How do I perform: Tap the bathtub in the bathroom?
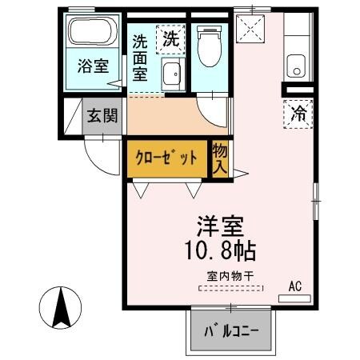(x=93, y=33)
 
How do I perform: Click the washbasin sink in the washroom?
(x=171, y=77)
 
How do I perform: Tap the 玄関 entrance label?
(x=102, y=115)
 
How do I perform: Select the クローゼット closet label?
(x=166, y=158)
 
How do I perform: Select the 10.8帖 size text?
(x=221, y=250)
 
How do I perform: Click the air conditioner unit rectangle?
(x=294, y=298)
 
